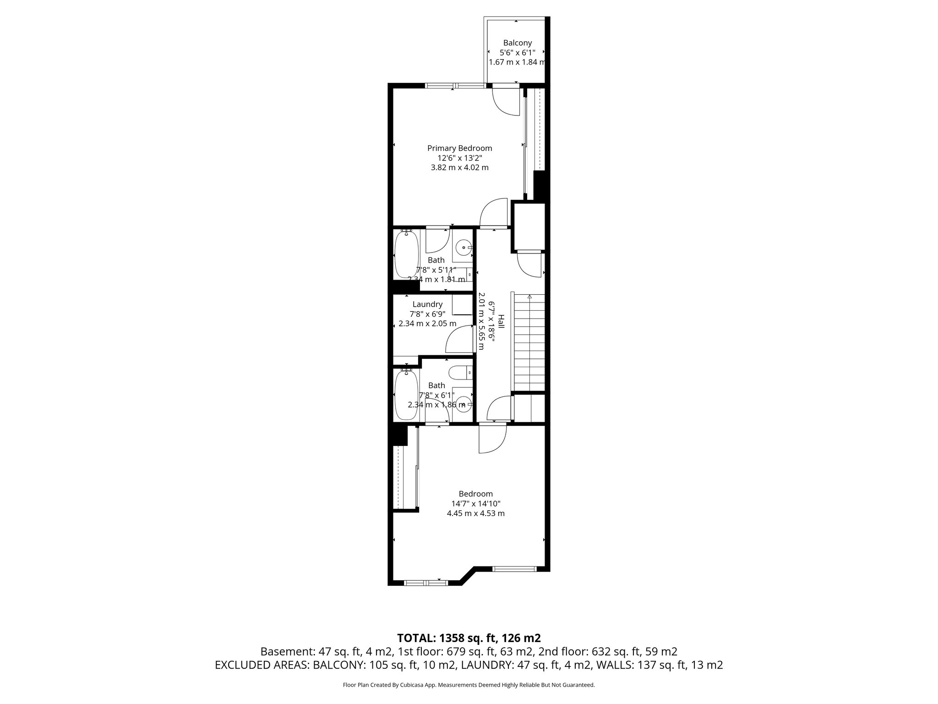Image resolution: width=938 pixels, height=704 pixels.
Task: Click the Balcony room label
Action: point(517,43)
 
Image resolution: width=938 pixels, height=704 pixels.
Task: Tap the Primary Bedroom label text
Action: point(459,148)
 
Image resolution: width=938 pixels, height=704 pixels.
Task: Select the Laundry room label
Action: point(427,304)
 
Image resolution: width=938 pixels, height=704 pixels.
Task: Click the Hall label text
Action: point(501,321)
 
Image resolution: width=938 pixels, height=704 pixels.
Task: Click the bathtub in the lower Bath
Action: point(406,395)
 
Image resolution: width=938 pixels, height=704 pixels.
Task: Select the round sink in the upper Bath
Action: point(464,248)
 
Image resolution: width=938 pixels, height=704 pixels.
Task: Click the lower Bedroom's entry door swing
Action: point(492,439)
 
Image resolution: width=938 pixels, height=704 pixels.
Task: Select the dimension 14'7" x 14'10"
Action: point(475,503)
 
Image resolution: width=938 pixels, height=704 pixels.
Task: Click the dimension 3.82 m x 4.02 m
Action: point(459,168)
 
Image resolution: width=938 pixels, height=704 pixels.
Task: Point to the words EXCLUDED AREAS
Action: point(262,665)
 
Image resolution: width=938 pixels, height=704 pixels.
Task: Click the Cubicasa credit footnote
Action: point(469,685)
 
